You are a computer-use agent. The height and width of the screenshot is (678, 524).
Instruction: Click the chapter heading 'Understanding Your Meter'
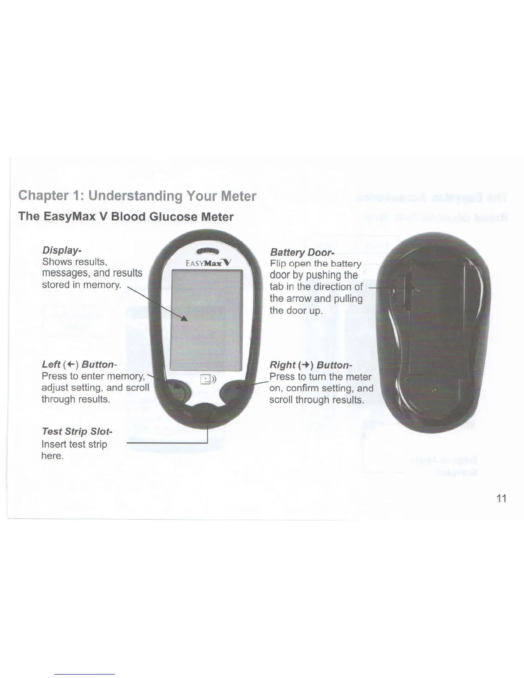click(137, 196)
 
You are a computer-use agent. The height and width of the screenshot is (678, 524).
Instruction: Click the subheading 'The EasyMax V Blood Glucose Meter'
click(126, 217)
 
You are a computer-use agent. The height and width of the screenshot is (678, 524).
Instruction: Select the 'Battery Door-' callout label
click(302, 253)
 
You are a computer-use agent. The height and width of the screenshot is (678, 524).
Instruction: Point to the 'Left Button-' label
click(79, 365)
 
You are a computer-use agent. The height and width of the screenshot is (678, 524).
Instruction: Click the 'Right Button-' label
click(310, 365)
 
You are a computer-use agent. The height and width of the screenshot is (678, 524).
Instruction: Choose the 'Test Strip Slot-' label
click(77, 431)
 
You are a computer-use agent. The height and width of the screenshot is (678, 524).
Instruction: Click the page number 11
click(501, 498)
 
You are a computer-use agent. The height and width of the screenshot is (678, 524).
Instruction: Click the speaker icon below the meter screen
click(208, 380)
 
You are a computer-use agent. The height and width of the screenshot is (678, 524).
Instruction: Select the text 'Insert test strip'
click(74, 444)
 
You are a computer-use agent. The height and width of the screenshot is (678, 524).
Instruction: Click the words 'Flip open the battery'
click(316, 264)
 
